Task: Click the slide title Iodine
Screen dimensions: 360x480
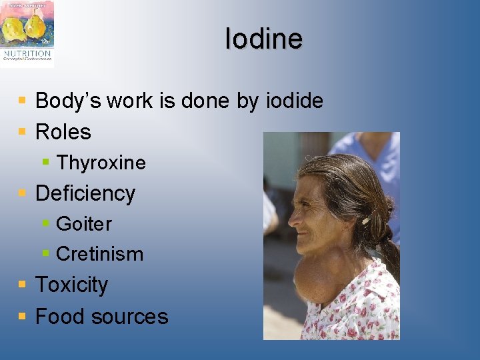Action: point(263,39)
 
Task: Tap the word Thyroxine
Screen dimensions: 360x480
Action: point(101,163)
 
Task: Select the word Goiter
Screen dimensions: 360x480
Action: point(84,224)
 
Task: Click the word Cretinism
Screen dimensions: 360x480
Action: point(99,254)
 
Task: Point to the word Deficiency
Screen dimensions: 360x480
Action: point(85,193)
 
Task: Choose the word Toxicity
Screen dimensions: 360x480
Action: point(71,285)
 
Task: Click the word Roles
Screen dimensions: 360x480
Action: point(63,132)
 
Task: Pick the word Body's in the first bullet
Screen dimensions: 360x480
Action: point(63,101)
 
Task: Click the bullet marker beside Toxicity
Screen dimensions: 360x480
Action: point(23,285)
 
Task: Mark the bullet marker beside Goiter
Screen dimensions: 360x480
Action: point(45,223)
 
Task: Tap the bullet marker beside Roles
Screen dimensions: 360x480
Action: point(23,131)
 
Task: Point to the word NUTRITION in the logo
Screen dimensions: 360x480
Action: point(27,54)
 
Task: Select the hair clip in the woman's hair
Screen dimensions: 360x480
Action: point(366,219)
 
